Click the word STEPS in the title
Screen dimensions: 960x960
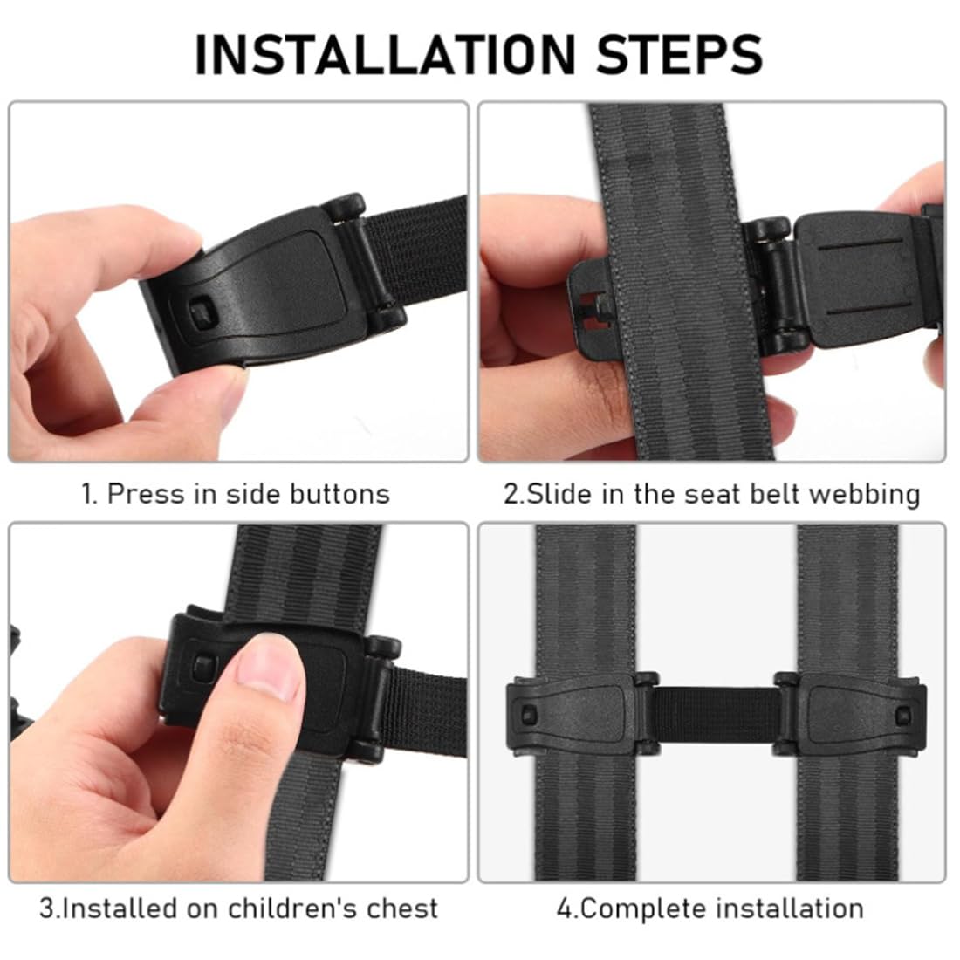(x=679, y=54)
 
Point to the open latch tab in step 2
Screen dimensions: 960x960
(x=593, y=301)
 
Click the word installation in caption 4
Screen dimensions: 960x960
(x=789, y=909)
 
